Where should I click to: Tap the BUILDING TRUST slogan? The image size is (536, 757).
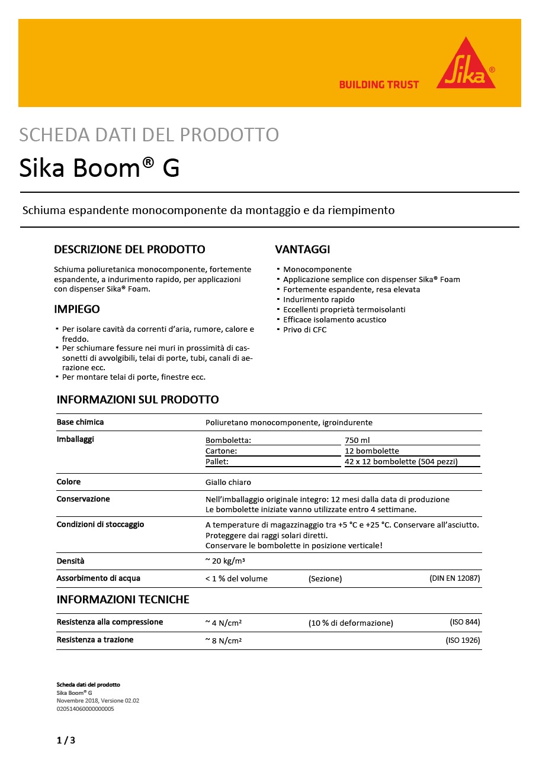click(378, 85)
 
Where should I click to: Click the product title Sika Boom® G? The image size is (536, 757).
click(100, 169)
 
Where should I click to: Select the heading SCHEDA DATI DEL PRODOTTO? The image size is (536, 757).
click(149, 135)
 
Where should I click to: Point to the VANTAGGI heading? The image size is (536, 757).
click(303, 249)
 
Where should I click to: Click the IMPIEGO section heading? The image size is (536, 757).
click(77, 309)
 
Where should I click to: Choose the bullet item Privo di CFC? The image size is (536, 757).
click(304, 329)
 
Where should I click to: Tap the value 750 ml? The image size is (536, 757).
click(357, 440)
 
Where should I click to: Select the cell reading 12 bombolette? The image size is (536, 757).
click(372, 451)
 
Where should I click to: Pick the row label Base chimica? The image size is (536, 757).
click(80, 422)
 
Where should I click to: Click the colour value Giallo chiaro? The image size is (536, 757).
click(228, 482)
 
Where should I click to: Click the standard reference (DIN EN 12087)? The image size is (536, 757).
click(454, 578)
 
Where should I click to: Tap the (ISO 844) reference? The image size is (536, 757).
click(465, 622)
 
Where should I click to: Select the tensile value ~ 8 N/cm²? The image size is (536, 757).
click(223, 640)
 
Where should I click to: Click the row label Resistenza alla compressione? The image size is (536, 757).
click(110, 622)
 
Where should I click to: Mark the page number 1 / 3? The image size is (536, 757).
click(66, 740)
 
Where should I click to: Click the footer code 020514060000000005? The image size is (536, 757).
click(85, 709)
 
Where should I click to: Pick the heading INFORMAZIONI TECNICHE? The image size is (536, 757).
click(123, 600)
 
